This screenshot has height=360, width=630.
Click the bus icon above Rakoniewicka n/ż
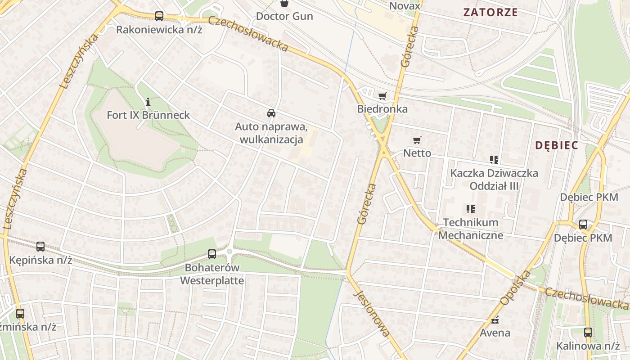(159, 16)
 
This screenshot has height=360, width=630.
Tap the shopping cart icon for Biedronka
(382, 96)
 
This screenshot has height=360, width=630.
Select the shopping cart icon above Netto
(417, 140)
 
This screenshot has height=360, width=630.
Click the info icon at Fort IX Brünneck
(148, 102)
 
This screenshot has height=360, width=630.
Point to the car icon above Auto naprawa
(271, 113)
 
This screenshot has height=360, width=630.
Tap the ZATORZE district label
(491, 12)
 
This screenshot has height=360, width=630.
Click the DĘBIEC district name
(557, 145)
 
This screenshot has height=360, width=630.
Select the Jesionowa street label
(372, 313)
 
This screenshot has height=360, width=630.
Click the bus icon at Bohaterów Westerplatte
(212, 254)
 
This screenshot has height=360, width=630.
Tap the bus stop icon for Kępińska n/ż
(40, 247)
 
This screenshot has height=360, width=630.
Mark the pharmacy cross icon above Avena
(495, 320)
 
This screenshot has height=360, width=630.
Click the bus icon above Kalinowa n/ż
(588, 333)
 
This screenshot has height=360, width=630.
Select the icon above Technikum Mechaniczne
(471, 209)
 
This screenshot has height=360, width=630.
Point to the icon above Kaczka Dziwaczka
(494, 159)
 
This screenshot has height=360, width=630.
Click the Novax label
(405, 6)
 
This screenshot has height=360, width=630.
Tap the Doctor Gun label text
(284, 16)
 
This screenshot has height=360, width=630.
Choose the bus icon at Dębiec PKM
(583, 224)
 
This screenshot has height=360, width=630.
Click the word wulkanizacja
(271, 139)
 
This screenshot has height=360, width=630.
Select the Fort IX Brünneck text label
(148, 115)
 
